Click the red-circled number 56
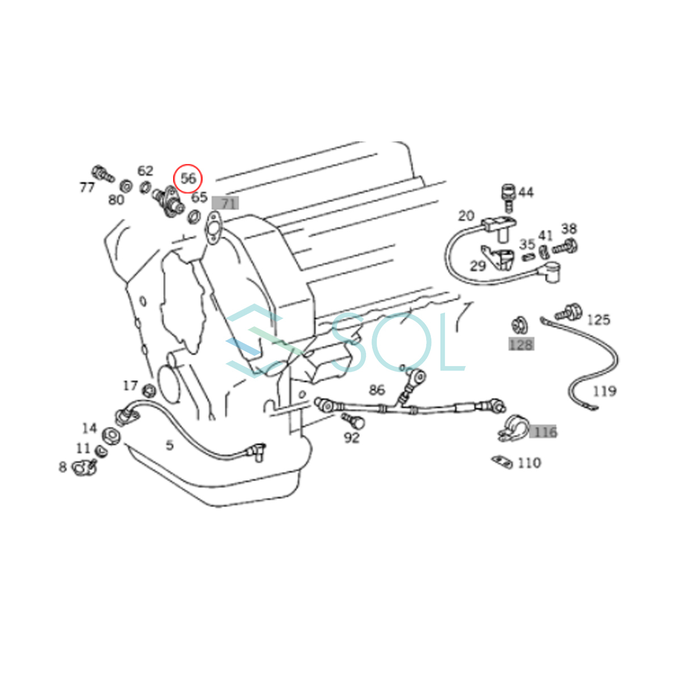click(188, 178)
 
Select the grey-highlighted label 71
click(225, 203)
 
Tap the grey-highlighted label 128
click(522, 344)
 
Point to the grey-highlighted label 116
click(543, 431)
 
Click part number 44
click(526, 192)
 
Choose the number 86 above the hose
click(377, 390)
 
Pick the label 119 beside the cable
click(604, 391)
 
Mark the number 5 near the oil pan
click(170, 445)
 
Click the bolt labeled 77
click(103, 174)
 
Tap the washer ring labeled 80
click(126, 186)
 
